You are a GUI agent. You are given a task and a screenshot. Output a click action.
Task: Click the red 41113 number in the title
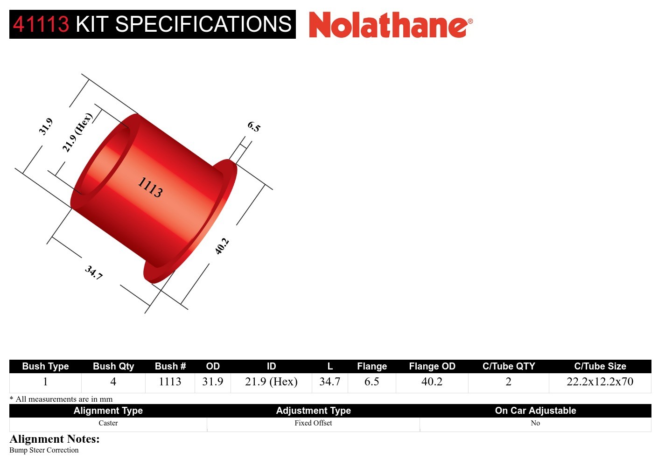pyautogui.click(x=41, y=24)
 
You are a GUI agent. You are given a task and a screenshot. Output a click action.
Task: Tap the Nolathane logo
pyautogui.click(x=390, y=25)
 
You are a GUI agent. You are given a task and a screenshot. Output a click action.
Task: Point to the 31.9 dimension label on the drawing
pyautogui.click(x=46, y=126)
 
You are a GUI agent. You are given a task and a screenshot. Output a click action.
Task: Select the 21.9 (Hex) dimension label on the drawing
pyautogui.click(x=77, y=132)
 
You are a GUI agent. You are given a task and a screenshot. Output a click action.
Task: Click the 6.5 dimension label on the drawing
pyautogui.click(x=254, y=126)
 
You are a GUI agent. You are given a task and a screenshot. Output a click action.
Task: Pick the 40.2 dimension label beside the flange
pyautogui.click(x=222, y=246)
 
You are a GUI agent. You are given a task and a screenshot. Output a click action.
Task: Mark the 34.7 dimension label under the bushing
pyautogui.click(x=94, y=272)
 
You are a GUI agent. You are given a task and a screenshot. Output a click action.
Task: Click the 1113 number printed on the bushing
pyautogui.click(x=150, y=187)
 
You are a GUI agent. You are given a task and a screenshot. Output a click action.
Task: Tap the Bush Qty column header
pyautogui.click(x=113, y=366)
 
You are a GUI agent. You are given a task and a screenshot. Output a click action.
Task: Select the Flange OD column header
pyautogui.click(x=432, y=366)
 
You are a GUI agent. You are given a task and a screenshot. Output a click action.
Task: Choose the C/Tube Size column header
pyautogui.click(x=600, y=366)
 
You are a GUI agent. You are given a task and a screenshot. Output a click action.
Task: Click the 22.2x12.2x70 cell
pyautogui.click(x=600, y=382)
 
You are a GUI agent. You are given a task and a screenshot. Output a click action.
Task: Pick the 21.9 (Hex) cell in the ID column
pyautogui.click(x=271, y=382)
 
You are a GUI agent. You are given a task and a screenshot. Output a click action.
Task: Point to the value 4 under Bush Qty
pyautogui.click(x=113, y=382)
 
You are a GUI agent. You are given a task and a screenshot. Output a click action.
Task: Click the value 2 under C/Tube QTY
pyautogui.click(x=509, y=382)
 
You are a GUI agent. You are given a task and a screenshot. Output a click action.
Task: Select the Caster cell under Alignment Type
pyautogui.click(x=108, y=423)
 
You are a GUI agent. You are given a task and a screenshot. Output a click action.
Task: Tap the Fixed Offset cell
pyautogui.click(x=313, y=423)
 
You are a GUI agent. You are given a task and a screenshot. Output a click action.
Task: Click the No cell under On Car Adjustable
pyautogui.click(x=535, y=423)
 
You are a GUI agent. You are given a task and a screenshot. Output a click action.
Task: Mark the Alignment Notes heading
pyautogui.click(x=55, y=439)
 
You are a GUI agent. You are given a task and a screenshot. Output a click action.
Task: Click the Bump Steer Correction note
pyautogui.click(x=44, y=450)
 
